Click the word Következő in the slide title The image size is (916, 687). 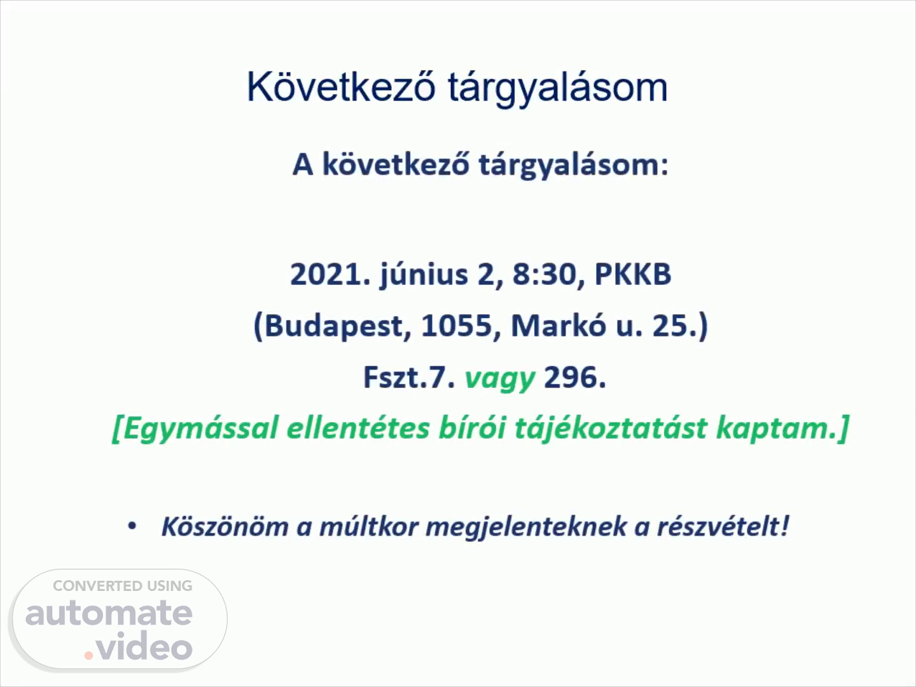341,87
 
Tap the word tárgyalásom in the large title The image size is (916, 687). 558,89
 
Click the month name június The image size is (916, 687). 424,275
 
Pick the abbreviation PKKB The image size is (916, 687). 633,274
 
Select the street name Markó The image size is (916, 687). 559,324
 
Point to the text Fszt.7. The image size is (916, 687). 409,377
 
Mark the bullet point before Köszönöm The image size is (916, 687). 132,526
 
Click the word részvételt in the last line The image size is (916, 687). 723,526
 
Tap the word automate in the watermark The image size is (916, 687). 109,614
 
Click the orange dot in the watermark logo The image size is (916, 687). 88,655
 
